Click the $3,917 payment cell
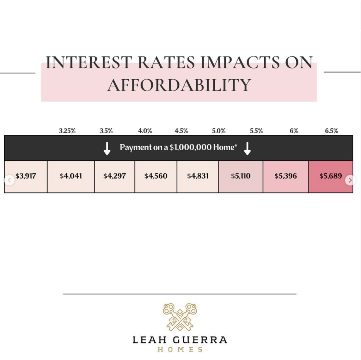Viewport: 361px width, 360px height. click(x=26, y=177)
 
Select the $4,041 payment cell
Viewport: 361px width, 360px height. click(x=71, y=177)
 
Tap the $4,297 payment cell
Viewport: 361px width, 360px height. click(x=115, y=177)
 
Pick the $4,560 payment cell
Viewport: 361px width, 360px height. click(x=156, y=177)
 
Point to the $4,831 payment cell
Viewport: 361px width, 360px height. click(x=198, y=177)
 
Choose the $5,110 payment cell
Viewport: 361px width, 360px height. click(x=241, y=177)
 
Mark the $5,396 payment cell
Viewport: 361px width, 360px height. click(x=286, y=177)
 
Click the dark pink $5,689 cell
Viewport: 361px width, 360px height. click(x=331, y=177)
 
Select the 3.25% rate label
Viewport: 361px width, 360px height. click(x=67, y=131)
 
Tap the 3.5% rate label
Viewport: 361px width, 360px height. click(x=106, y=131)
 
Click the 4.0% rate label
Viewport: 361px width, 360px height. click(x=145, y=131)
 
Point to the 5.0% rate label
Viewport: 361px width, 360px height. click(x=219, y=131)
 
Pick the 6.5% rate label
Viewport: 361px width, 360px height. click(x=331, y=131)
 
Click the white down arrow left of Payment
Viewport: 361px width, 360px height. click(x=107, y=148)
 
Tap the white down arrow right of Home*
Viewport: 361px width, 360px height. click(x=247, y=148)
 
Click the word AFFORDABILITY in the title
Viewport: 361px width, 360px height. click(x=179, y=85)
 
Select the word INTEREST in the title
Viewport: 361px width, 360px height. click(x=89, y=62)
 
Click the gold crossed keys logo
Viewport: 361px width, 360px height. click(x=180, y=317)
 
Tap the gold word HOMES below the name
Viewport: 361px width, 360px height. click(x=180, y=349)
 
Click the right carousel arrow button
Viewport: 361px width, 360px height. click(x=350, y=180)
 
